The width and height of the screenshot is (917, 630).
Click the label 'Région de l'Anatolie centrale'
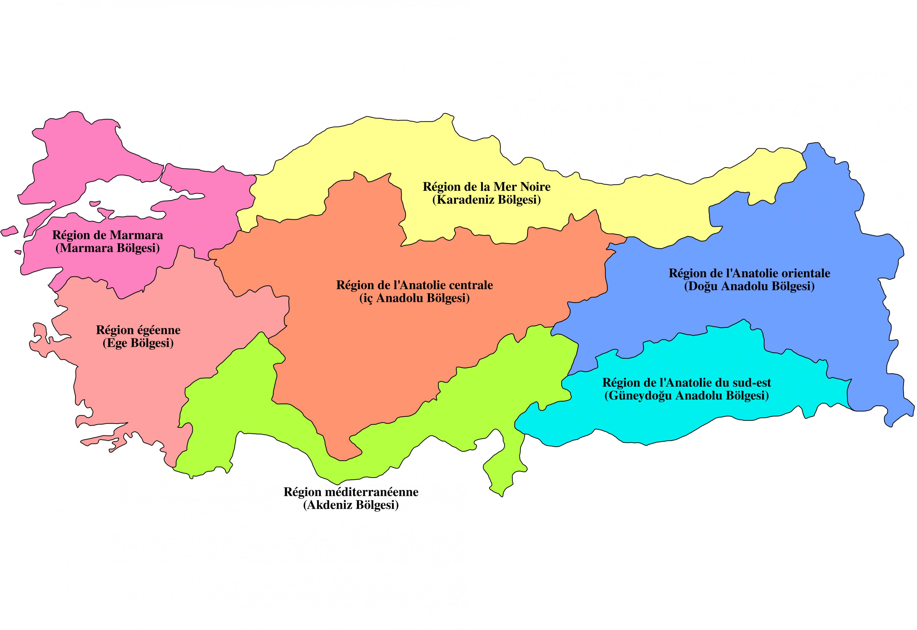(414, 285)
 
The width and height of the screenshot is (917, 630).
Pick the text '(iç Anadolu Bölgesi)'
(414, 298)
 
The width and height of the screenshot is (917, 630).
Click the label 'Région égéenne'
(138, 330)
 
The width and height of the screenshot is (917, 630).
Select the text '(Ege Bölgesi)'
(138, 343)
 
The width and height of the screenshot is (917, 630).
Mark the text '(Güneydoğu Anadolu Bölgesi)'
(686, 396)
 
